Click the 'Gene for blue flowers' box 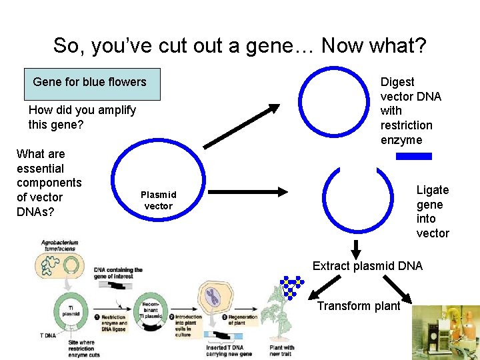tap(90, 82)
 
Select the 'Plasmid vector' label tap(158, 200)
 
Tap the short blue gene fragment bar tap(413, 156)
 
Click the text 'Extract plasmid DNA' tap(367, 266)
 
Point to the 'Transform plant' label tap(358, 306)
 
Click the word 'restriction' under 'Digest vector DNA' tap(406, 125)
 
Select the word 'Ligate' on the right tap(433, 190)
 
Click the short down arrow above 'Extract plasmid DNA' tap(355, 249)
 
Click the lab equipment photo tap(445, 332)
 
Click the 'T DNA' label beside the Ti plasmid tap(47, 335)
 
